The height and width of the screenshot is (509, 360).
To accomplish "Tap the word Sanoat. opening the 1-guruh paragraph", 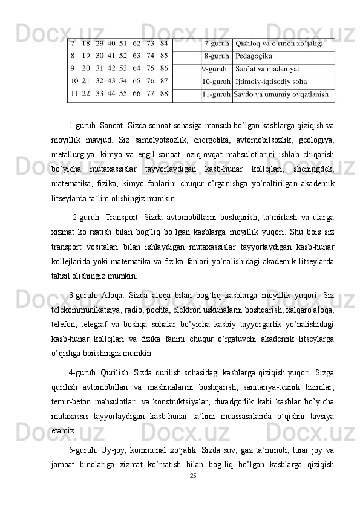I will point(106,126).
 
